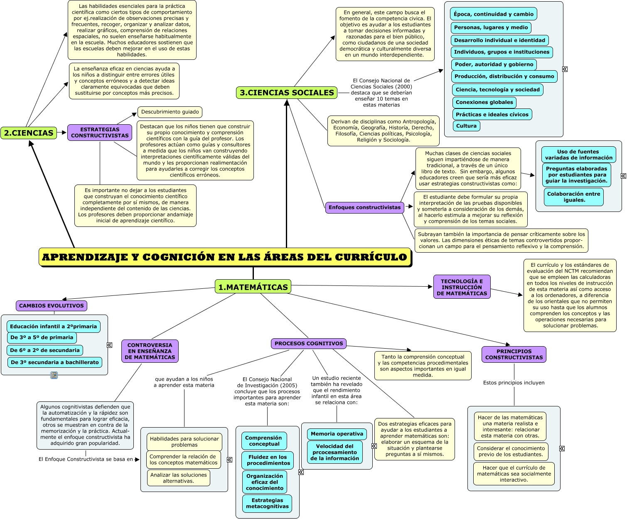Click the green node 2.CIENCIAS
tap(29, 133)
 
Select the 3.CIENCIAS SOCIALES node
tap(287, 93)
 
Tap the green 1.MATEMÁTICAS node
tap(253, 287)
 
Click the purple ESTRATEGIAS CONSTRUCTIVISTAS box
tap(100, 133)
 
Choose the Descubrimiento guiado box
tap(170, 112)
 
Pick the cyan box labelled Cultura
tap(466, 126)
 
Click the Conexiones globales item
tap(484, 102)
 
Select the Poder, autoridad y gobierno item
tap(494, 64)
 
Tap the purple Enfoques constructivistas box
tap(364, 207)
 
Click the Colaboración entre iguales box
tap(573, 197)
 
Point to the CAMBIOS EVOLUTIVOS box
tap(52, 306)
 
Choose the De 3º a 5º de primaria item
tap(42, 337)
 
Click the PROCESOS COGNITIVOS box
tap(309, 344)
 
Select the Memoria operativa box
tap(337, 434)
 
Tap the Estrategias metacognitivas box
tap(267, 503)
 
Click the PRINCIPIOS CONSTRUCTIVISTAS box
tap(514, 354)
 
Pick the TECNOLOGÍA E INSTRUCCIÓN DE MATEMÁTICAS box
tap(462, 287)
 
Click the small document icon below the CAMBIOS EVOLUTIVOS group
tap(54, 375)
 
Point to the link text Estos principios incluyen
tap(514, 383)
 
